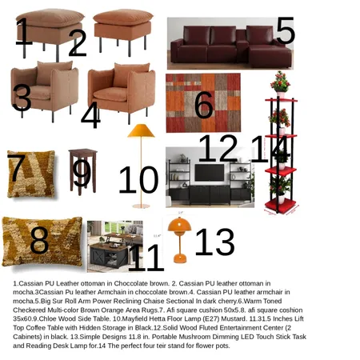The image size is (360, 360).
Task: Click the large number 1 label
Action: pos(22,33)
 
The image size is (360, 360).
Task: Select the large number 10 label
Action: pos(138,180)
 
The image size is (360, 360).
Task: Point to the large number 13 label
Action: pos(214,242)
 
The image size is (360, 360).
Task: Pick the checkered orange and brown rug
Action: pos(202,103)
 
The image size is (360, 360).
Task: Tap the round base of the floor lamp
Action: pos(141,206)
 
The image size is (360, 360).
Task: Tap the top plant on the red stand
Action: pos(280,82)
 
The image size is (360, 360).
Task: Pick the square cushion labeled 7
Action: pos(30,174)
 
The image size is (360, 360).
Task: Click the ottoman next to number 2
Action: pos(122,28)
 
